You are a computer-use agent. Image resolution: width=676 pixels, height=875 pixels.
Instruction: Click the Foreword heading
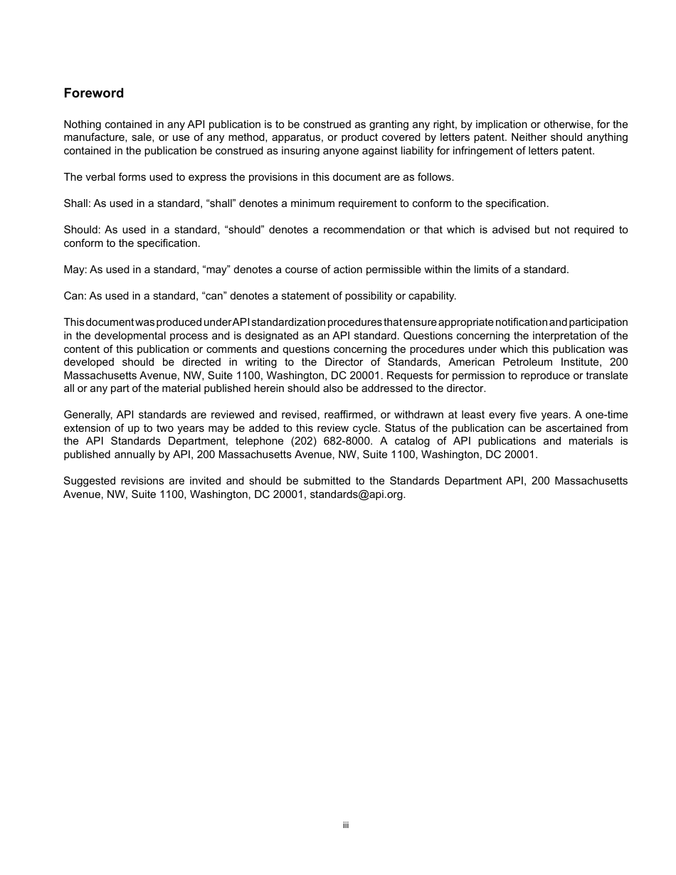(93, 93)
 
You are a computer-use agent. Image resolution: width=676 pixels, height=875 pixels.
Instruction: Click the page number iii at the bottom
(345, 825)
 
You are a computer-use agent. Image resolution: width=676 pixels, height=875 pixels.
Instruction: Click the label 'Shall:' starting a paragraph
(75, 203)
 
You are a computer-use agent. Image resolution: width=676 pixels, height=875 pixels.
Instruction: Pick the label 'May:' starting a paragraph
(75, 270)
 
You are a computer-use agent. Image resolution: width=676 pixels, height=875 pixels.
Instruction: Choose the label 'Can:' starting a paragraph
(75, 296)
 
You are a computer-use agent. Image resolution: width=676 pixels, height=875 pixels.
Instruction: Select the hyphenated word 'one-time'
(606, 415)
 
